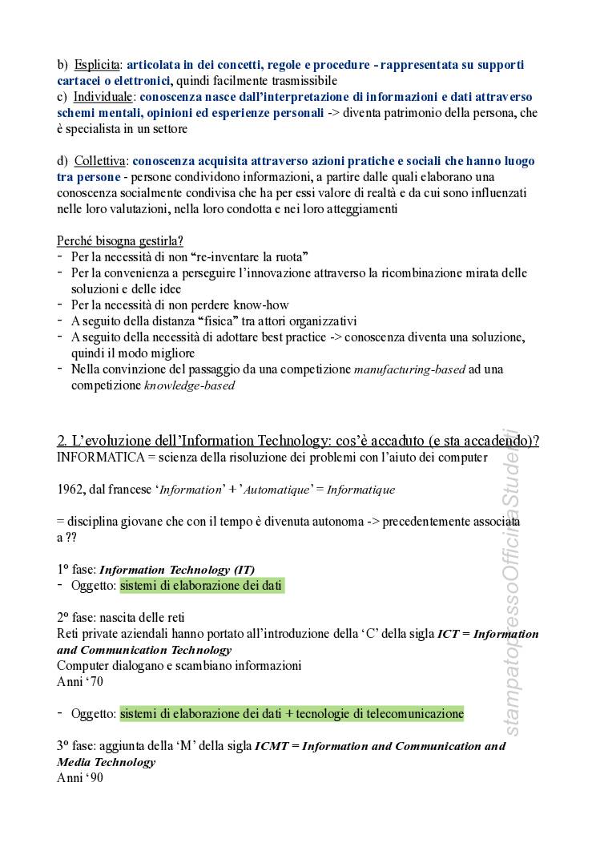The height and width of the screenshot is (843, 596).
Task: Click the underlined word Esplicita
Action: [97, 65]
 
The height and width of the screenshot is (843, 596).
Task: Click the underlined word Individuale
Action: [103, 97]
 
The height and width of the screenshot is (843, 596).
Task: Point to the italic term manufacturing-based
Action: [417, 369]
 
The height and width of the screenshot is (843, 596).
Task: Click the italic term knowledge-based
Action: [189, 385]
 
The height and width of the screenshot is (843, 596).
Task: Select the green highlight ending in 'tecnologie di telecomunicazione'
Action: [292, 713]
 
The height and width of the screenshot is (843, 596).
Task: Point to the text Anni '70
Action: [80, 682]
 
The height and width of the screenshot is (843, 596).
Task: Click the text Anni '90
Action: [80, 777]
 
